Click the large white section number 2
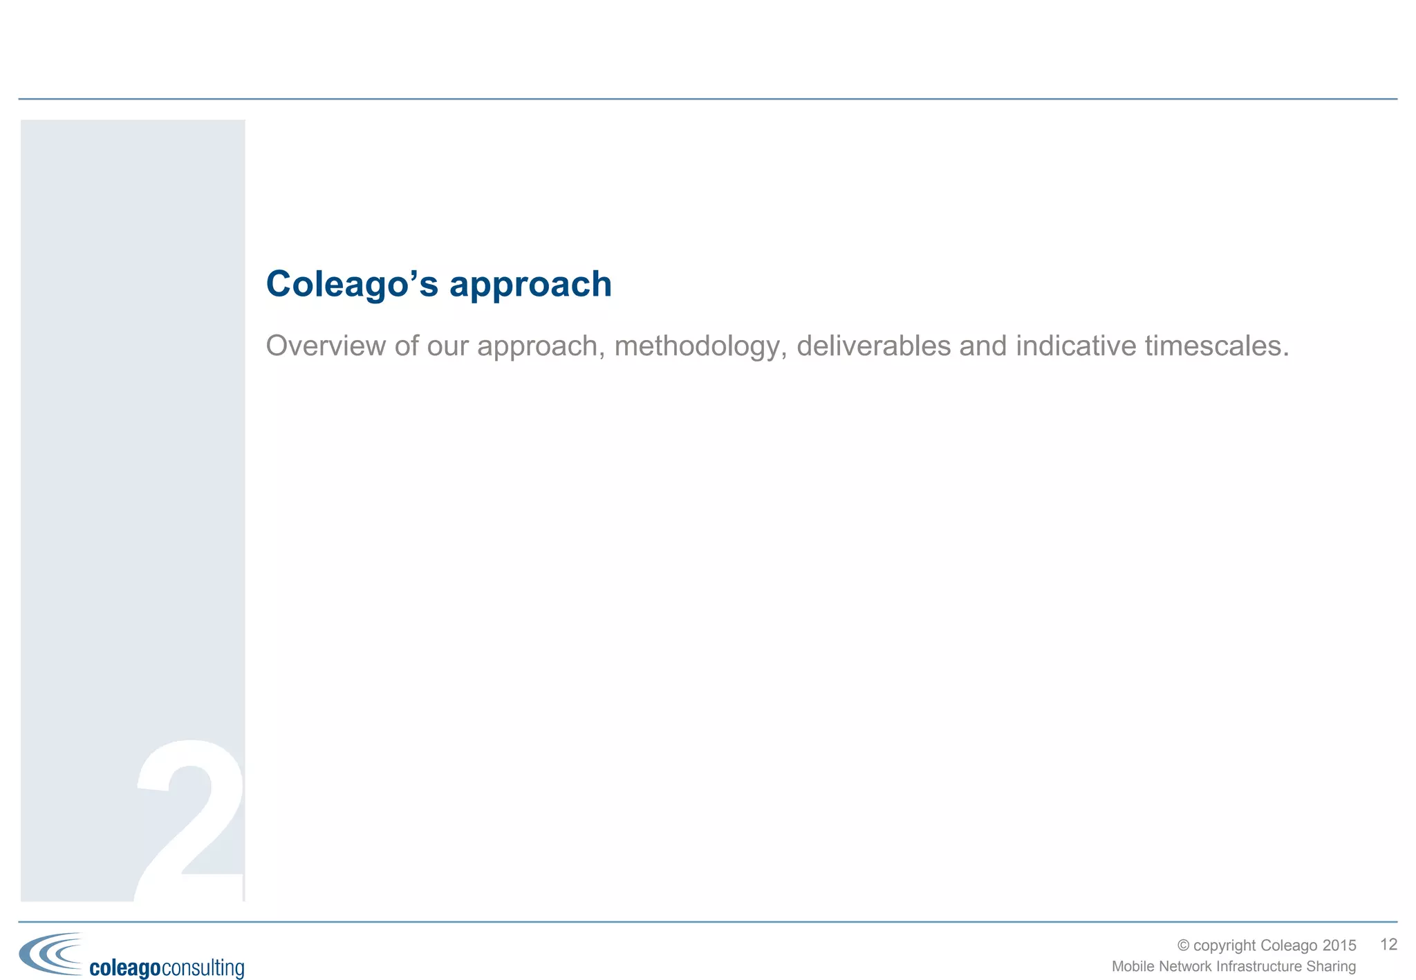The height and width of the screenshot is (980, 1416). click(190, 822)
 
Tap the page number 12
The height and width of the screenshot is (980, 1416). click(1388, 945)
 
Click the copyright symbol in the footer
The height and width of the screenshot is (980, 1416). click(1183, 945)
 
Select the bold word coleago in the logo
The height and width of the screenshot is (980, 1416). click(125, 968)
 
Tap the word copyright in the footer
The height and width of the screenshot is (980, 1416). click(1224, 945)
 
